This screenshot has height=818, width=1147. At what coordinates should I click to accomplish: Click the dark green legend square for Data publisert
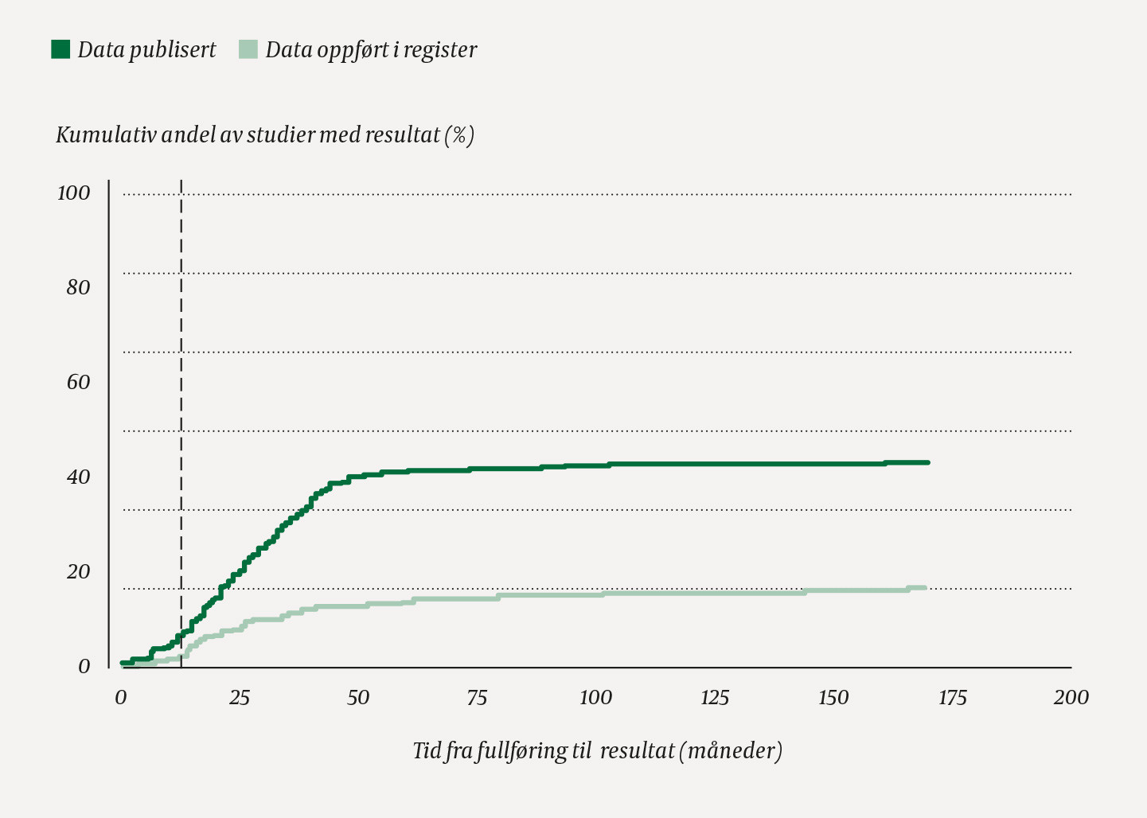[60, 49]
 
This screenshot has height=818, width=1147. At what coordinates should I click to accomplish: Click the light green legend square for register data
[248, 49]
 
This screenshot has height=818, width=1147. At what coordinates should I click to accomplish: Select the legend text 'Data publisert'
[146, 50]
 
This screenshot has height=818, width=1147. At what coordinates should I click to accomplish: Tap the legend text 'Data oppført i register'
[371, 50]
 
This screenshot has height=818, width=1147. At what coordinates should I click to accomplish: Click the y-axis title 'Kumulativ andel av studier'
[265, 135]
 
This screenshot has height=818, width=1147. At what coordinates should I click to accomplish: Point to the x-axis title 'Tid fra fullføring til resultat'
[597, 751]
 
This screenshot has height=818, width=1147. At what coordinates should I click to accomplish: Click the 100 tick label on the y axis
[73, 193]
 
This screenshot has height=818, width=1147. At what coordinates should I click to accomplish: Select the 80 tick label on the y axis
[78, 287]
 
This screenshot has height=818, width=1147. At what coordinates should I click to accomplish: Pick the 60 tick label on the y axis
[78, 382]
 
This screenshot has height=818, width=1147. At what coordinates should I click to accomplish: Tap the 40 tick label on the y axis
[78, 477]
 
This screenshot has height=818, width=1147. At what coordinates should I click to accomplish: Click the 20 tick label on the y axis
[78, 571]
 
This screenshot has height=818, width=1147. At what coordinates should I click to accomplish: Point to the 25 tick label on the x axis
[239, 698]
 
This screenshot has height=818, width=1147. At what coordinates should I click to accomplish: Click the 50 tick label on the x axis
[358, 698]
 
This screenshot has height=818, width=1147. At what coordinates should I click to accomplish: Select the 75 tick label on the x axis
[477, 698]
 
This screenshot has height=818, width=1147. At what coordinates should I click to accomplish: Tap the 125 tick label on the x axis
[714, 698]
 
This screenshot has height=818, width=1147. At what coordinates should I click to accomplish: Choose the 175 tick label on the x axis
[952, 698]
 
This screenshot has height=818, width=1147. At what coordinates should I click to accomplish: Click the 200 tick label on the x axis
[1071, 698]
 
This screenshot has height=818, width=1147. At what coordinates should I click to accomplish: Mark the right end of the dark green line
[927, 462]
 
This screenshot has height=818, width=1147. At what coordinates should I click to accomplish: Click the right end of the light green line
[925, 587]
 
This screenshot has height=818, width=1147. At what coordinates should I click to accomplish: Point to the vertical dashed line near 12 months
[181, 398]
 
